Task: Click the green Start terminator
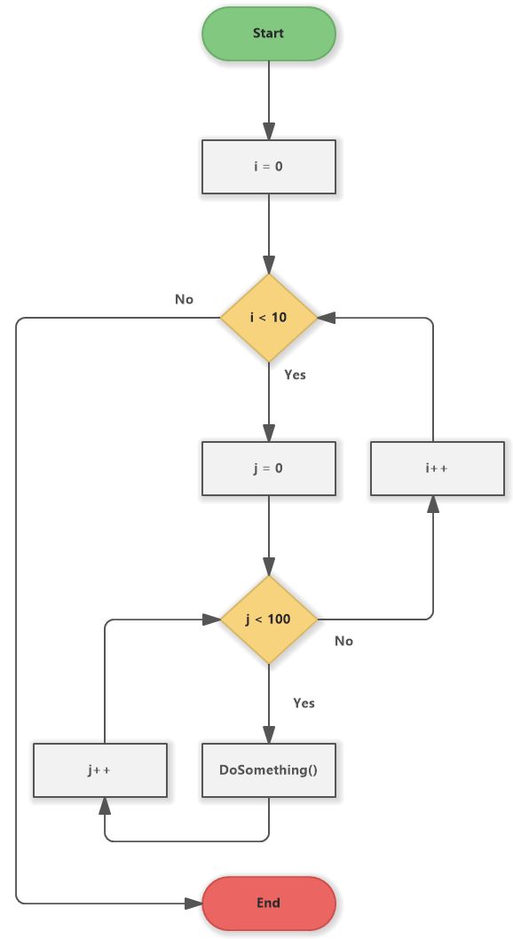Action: pyautogui.click(x=268, y=34)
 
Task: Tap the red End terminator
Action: pyautogui.click(x=268, y=903)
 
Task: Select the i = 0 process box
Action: pyautogui.click(x=268, y=166)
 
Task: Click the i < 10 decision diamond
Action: pyautogui.click(x=268, y=318)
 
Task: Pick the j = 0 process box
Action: pyautogui.click(x=268, y=468)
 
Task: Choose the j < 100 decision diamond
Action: pyautogui.click(x=268, y=619)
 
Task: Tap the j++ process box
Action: pyautogui.click(x=100, y=769)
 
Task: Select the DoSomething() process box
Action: pyautogui.click(x=268, y=769)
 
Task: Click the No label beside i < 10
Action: pyautogui.click(x=184, y=300)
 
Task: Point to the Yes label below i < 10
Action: pyautogui.click(x=295, y=375)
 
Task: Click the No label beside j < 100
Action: pyautogui.click(x=343, y=641)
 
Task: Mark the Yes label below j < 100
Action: pyautogui.click(x=304, y=703)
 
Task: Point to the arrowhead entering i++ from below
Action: pyautogui.click(x=433, y=504)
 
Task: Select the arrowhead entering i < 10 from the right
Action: pyautogui.click(x=325, y=318)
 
